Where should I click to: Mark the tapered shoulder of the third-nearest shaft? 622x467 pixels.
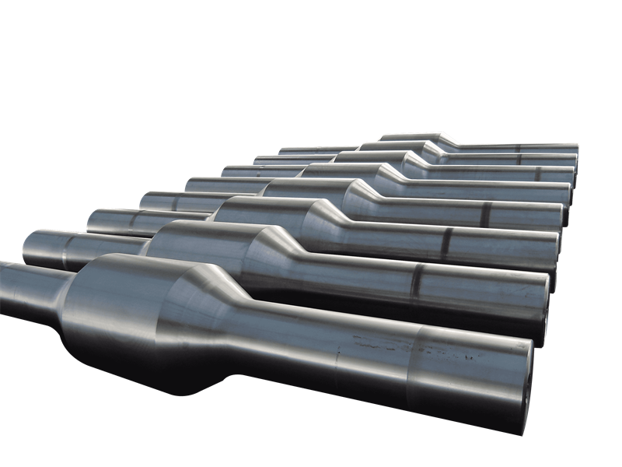point(327,214)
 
